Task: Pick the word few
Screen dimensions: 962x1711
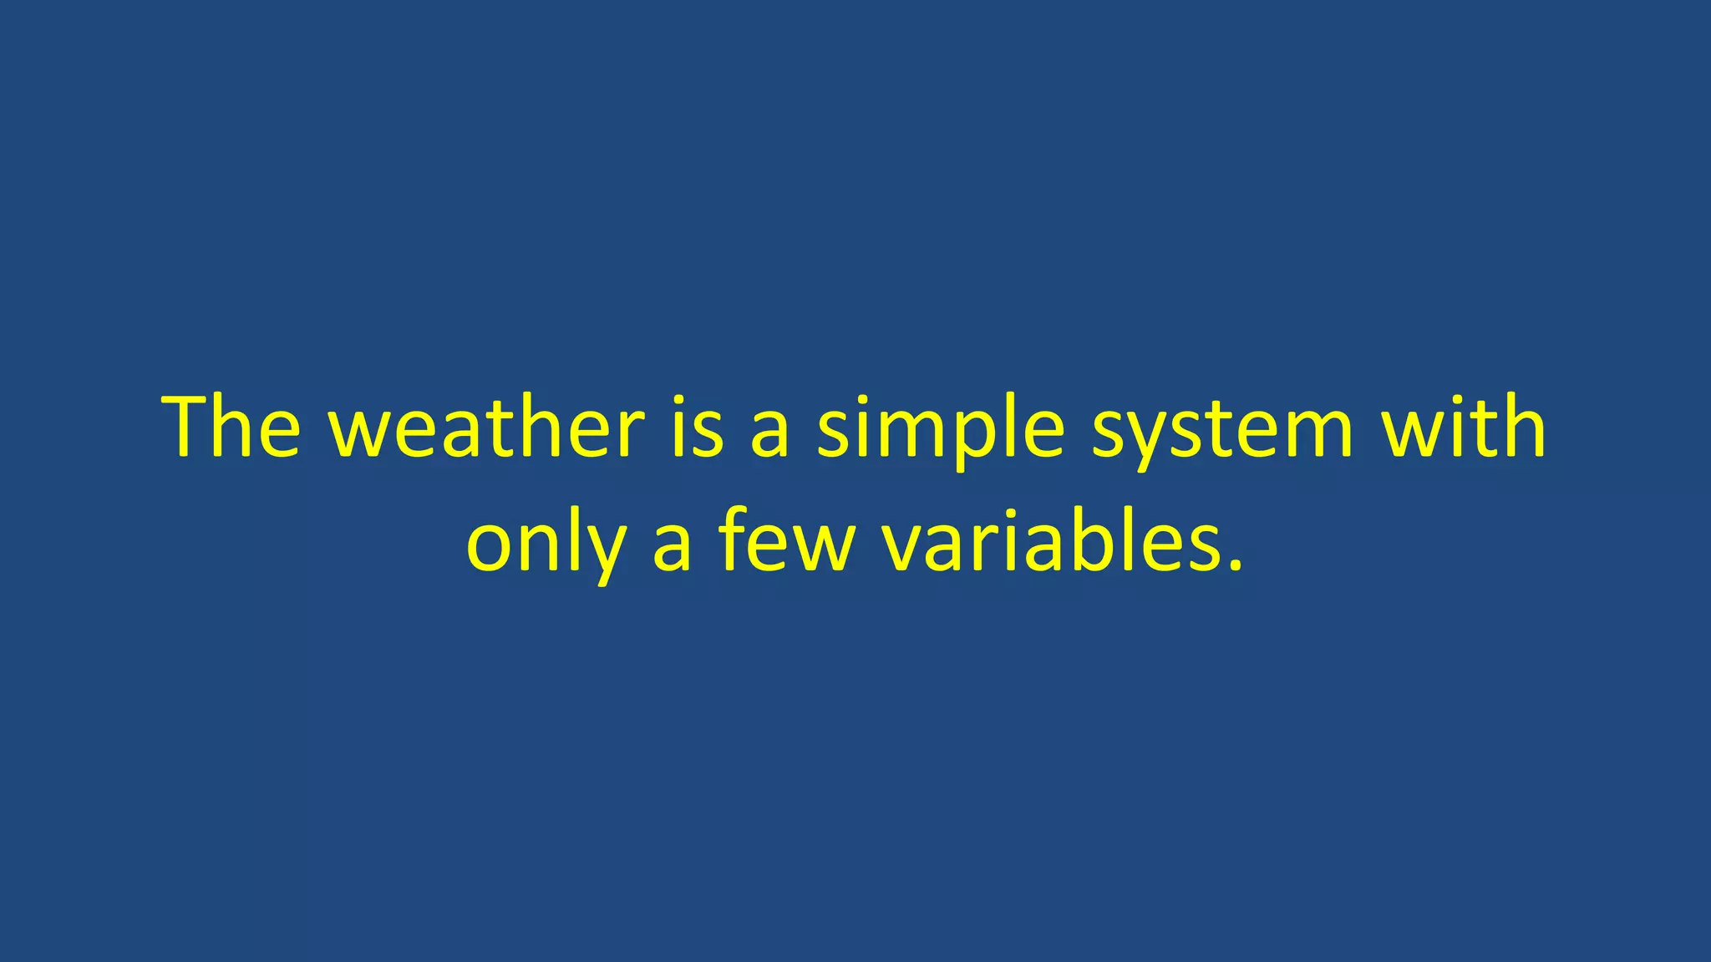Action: click(x=787, y=543)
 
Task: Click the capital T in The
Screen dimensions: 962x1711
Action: click(x=194, y=428)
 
